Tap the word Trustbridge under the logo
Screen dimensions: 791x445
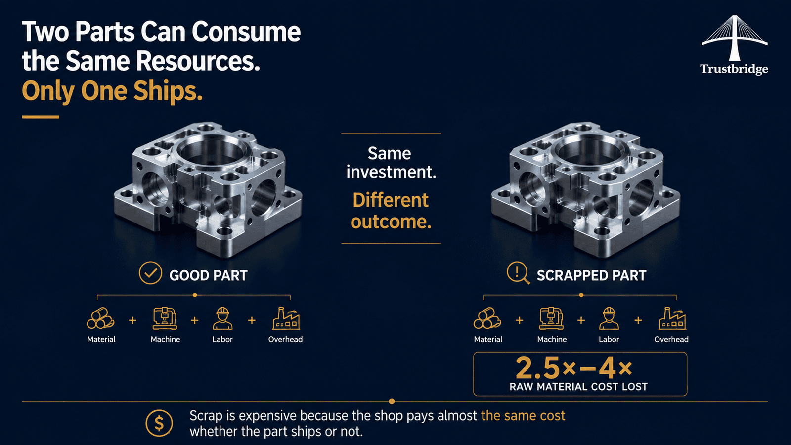pos(734,69)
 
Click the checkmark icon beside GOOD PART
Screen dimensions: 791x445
pos(150,273)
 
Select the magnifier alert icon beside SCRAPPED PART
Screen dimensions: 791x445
pos(518,273)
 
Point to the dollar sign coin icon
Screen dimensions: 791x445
pos(159,423)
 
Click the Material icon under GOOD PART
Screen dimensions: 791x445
pos(101,318)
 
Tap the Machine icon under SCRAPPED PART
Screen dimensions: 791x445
pos(552,318)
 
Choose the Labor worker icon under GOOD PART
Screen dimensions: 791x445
pos(222,318)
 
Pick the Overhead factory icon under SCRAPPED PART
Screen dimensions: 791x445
pos(672,318)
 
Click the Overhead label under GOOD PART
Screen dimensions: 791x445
pos(285,339)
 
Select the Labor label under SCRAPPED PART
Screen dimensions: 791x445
pos(609,339)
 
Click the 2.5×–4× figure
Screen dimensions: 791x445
pos(574,368)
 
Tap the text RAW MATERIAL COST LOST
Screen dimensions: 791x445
pos(578,387)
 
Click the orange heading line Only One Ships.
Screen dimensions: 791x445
pos(112,91)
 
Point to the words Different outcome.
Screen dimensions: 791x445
pos(391,211)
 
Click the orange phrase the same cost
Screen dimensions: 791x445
pos(523,416)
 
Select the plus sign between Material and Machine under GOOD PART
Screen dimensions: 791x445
pos(132,320)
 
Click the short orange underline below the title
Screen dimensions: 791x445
pos(40,117)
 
